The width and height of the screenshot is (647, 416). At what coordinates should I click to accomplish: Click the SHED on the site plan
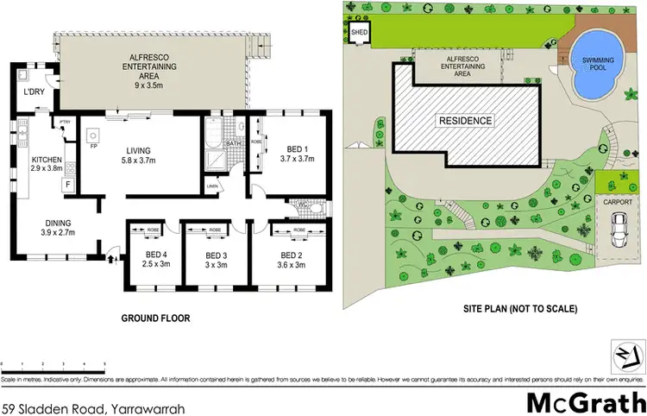coord(359,34)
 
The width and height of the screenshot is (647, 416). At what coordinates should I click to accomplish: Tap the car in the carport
coord(618,229)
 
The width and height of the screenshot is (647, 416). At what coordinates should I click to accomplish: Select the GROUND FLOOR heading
coord(154,318)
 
